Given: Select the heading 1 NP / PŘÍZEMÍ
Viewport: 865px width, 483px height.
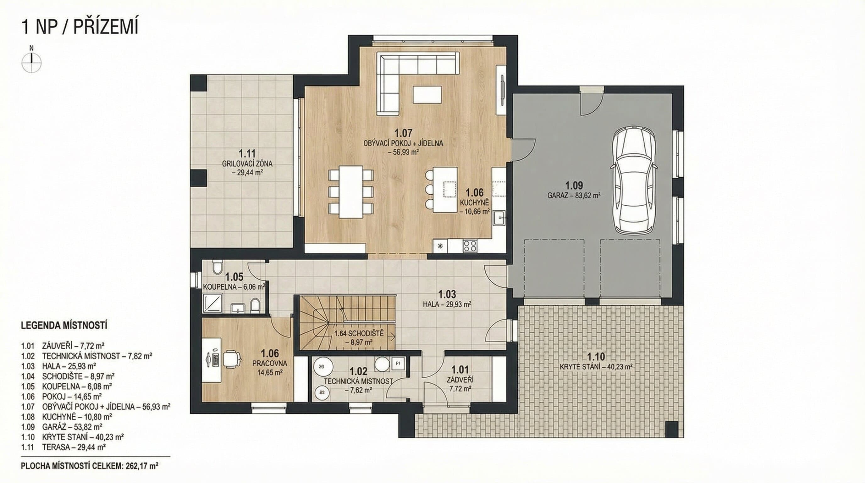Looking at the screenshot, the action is coord(80,26).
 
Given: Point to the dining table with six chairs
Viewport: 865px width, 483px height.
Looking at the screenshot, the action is coord(351,192).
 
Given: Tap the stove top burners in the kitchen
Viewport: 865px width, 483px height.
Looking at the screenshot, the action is coord(470,246).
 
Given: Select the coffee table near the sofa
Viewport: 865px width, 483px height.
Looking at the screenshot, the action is coord(427,94).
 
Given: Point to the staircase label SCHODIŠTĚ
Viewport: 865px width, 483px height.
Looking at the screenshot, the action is coord(359,334).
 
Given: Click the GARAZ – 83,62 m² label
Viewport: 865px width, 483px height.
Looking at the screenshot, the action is coord(574,195).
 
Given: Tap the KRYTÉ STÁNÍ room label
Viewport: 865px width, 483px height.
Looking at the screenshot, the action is coord(596,367).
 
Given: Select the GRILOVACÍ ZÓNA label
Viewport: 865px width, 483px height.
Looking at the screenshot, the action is coord(247,164).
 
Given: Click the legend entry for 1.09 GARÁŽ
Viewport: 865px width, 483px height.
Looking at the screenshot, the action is coord(62,427).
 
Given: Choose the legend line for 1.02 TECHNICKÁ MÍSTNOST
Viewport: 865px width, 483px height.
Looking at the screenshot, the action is coord(87,355).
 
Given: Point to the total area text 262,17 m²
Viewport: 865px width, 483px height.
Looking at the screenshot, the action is coord(142,466).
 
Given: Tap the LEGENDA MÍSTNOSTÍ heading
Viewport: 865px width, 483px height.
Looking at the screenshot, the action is coord(64,325).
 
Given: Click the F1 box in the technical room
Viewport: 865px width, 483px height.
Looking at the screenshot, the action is coord(398,364).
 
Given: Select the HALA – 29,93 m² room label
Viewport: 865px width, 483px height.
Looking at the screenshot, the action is coord(447,304).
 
